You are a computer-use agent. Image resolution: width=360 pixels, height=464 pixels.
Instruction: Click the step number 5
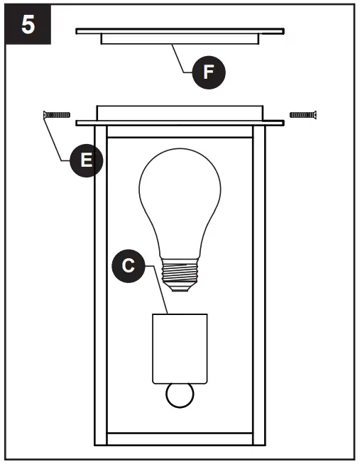(28, 25)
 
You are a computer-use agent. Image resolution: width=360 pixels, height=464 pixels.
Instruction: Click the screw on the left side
(57, 114)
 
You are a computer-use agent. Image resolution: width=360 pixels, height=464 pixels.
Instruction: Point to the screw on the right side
(303, 114)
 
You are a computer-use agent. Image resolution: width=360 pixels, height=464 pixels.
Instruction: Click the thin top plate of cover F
(180, 31)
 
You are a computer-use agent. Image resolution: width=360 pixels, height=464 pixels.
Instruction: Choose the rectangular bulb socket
(179, 348)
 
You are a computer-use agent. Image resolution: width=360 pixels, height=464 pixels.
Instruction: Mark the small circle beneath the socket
(179, 395)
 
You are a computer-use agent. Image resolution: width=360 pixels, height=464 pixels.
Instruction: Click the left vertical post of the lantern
(101, 284)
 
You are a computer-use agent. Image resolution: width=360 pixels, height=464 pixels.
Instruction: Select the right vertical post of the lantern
(259, 284)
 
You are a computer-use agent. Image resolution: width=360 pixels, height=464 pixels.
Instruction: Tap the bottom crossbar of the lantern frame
(180, 438)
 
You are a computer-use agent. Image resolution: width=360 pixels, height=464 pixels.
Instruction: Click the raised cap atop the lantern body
(180, 113)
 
